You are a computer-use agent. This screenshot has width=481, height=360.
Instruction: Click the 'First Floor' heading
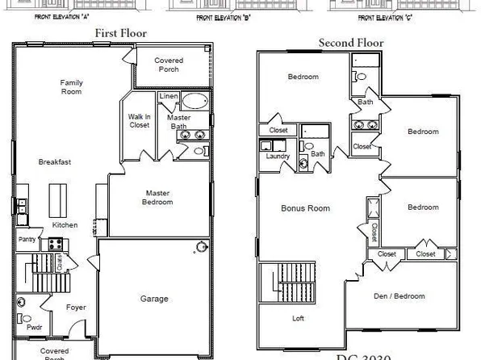[121, 33]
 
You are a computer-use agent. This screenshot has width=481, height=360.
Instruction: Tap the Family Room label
[71, 87]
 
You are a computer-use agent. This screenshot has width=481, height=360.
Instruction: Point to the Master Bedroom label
[158, 197]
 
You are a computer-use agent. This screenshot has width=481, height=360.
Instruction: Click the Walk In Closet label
[139, 121]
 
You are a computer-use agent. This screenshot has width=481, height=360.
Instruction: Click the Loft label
[298, 318]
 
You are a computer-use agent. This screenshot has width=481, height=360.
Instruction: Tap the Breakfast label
[55, 162]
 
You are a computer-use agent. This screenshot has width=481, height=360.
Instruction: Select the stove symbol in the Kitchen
[57, 243]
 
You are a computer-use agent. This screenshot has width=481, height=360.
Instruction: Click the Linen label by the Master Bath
[168, 98]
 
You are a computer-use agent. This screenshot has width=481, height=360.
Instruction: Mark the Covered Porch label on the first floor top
[169, 65]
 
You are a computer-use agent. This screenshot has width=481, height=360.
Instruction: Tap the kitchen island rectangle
[57, 197]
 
